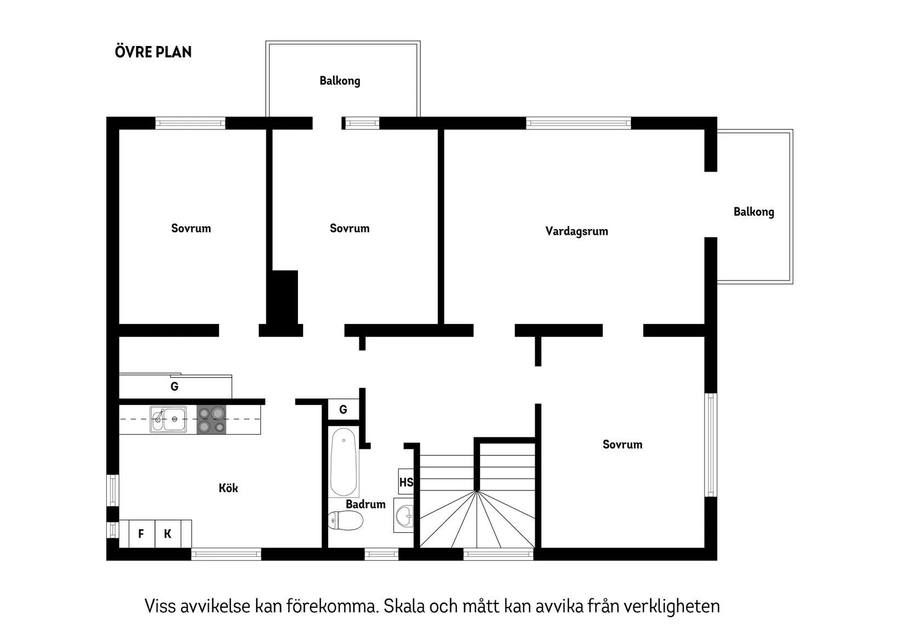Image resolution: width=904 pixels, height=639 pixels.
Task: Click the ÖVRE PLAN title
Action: point(153,52)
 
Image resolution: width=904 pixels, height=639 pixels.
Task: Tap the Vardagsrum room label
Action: point(576,231)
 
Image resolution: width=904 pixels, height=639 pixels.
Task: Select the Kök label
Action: point(228,488)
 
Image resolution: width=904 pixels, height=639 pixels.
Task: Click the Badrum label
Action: point(365,504)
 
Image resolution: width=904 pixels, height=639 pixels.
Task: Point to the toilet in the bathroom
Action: point(346,521)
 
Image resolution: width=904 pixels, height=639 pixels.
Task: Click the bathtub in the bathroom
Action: point(344,462)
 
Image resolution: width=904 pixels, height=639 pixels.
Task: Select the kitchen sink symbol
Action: point(168,419)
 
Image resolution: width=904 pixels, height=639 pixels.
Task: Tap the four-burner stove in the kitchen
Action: point(211,420)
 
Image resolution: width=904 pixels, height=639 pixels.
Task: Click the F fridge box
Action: point(141,534)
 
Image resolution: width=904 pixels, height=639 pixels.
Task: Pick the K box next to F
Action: point(168,534)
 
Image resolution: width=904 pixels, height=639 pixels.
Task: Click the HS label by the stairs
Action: point(406,482)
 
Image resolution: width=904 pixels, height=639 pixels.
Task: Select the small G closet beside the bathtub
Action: point(344,409)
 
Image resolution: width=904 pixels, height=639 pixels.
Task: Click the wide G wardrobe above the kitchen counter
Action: point(175,387)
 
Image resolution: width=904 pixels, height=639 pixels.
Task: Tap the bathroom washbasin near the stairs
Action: point(404,516)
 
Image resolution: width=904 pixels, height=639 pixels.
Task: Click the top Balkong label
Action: point(340,81)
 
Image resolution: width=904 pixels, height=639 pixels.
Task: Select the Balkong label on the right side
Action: point(753,212)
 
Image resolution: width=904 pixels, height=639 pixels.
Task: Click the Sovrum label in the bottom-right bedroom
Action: point(622,444)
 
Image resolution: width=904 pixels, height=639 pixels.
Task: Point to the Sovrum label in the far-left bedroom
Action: point(191,229)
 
